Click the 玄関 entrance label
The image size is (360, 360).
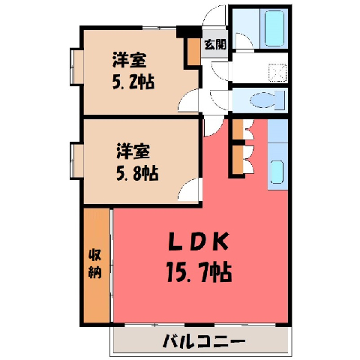tap(215, 44)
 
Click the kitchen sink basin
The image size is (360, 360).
tap(277, 172)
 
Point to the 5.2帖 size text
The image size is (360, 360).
tap(133, 82)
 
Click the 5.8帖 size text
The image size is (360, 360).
tap(137, 172)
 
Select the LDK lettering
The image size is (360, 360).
tap(199, 241)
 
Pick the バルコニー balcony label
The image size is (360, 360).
tap(204, 341)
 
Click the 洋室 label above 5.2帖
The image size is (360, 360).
tap(130, 59)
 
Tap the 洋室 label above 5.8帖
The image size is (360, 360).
tap(133, 151)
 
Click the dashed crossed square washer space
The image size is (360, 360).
tap(277, 73)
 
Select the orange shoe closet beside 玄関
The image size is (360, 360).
tap(194, 51)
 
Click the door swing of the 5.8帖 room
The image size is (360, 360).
tap(188, 190)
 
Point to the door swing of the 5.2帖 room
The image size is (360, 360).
tap(188, 100)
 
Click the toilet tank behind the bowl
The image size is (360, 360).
tap(280, 100)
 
